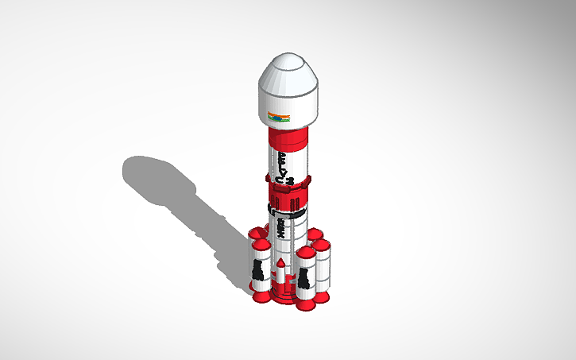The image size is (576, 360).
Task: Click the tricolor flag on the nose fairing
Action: click(278, 118)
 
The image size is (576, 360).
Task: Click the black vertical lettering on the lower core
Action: click(280, 233)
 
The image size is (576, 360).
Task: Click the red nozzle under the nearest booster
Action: click(306, 303)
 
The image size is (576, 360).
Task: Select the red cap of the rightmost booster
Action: click(322, 245)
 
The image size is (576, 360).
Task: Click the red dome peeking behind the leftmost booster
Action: click(255, 233)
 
